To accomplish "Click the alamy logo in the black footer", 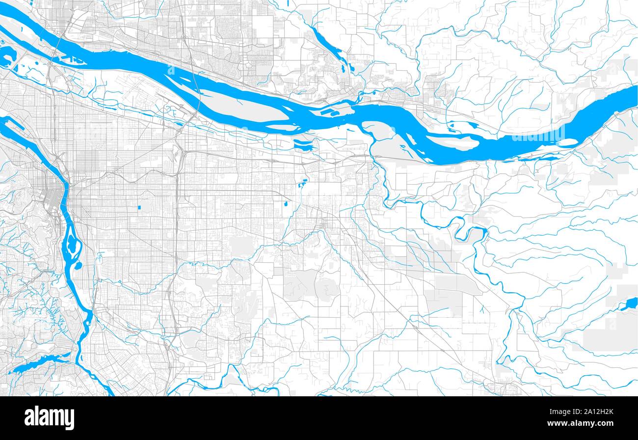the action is pos(50,418).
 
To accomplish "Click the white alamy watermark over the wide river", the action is pos(537,134).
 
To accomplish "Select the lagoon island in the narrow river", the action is pos(72,244).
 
